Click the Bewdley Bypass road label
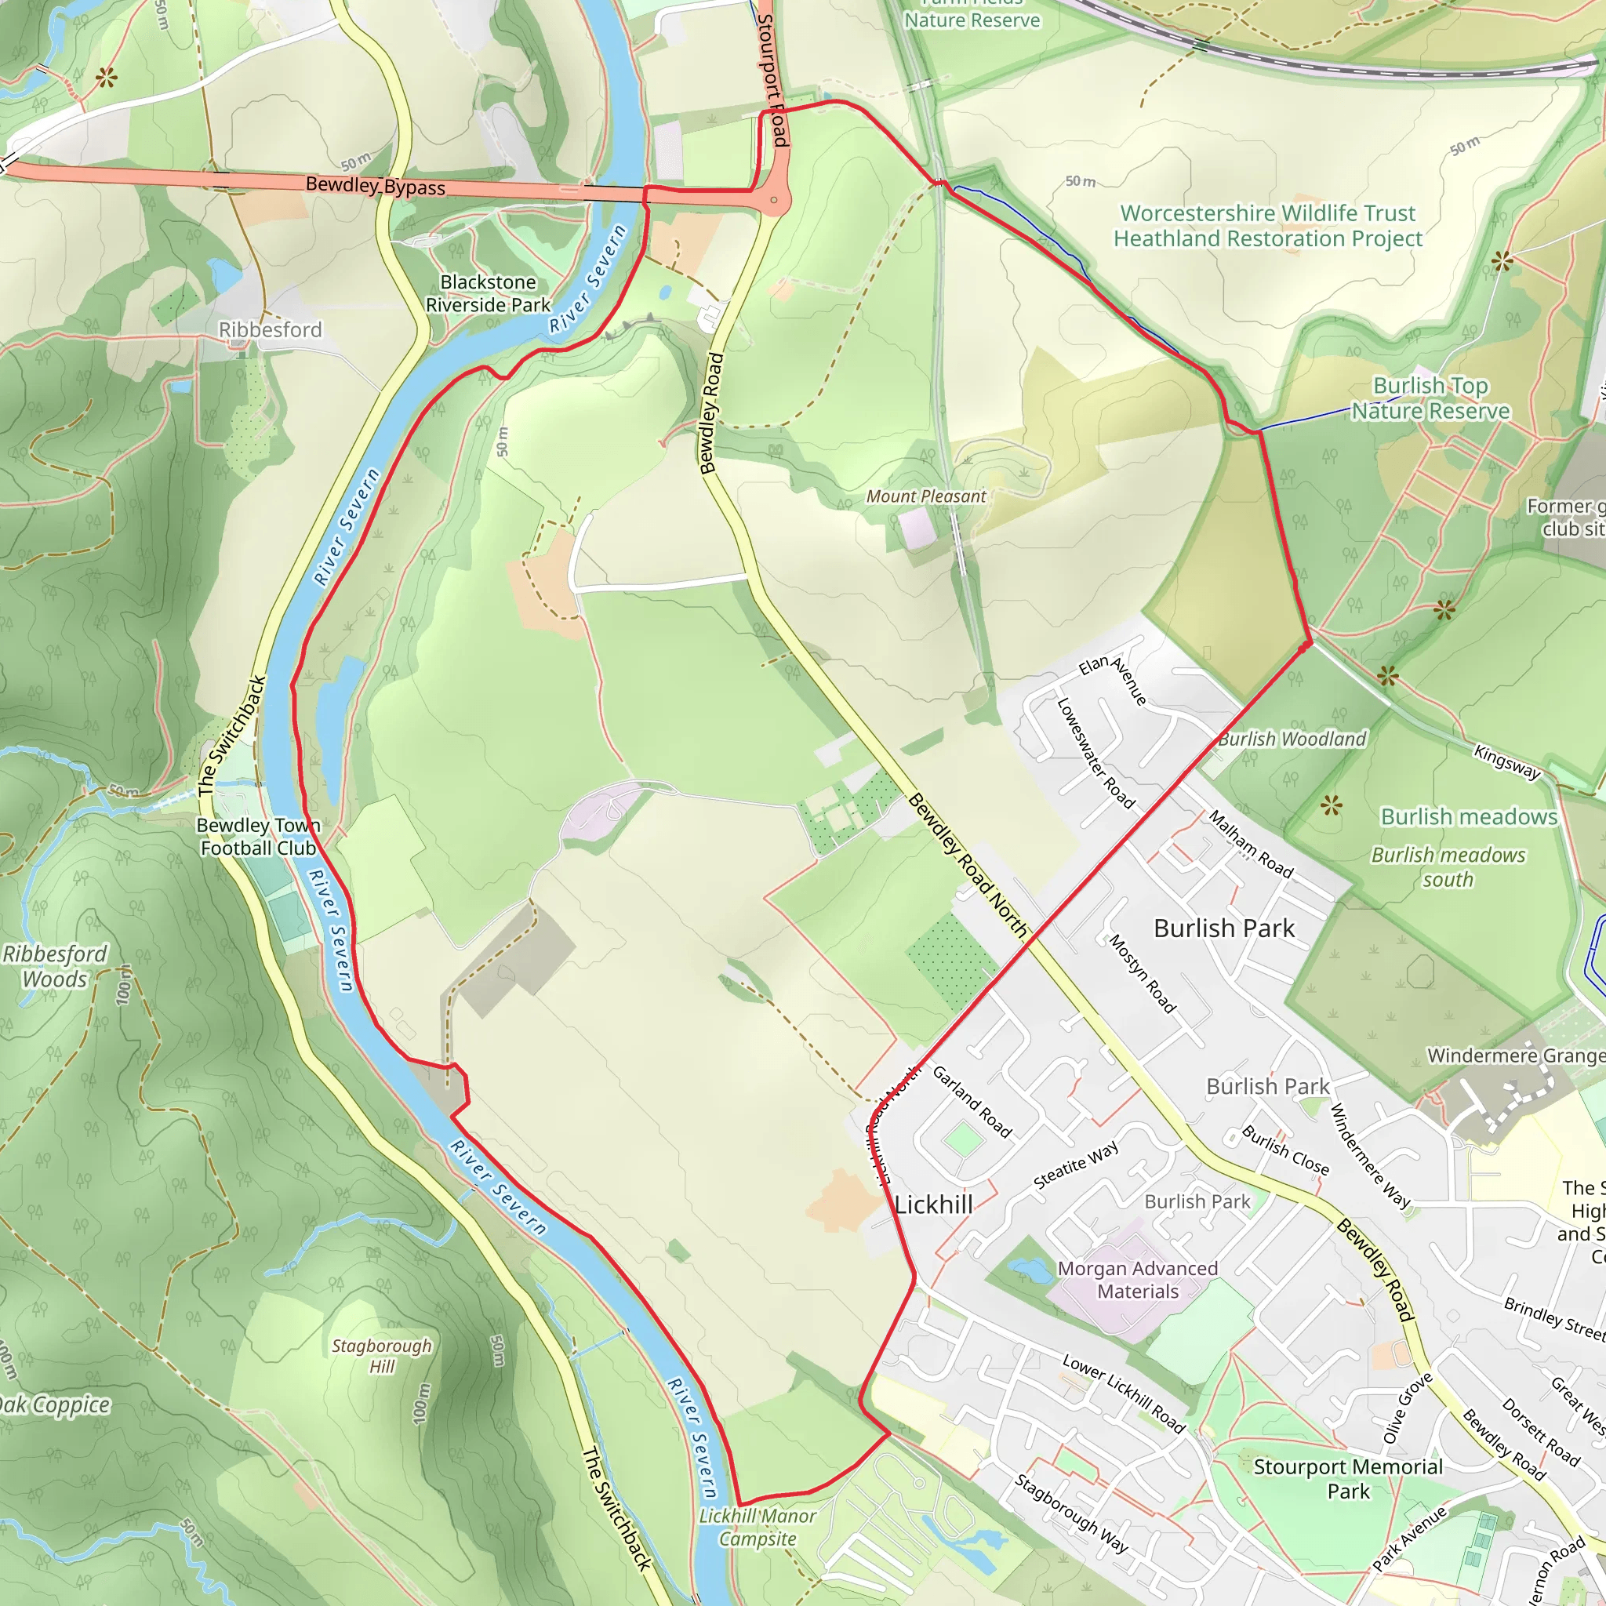pos(375,185)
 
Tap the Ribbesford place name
pos(271,330)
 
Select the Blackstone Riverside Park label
pos(488,293)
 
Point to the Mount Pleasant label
pos(926,496)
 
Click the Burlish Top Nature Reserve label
pos(1430,398)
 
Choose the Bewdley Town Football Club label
pos(259,836)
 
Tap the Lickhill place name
pos(933,1204)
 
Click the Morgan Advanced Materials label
pos(1137,1280)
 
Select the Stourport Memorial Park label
pos(1347,1478)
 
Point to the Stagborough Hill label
pos(382,1355)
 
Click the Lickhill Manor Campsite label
pos(758,1527)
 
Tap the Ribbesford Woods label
pos(55,966)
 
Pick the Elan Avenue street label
pos(1113,680)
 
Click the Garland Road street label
pos(972,1103)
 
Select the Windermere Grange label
pos(1514,1056)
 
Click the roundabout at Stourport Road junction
pos(774,199)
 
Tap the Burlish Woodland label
pos(1292,739)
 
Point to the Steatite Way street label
pos(1076,1165)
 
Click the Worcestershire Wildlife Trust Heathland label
pos(1268,226)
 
